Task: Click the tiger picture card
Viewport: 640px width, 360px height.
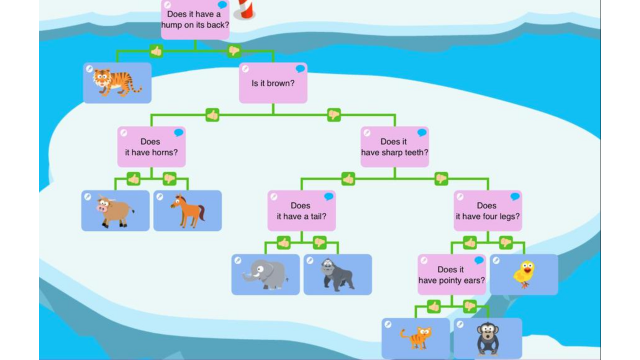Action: coord(117,83)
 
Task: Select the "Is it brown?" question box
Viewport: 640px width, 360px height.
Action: coord(273,83)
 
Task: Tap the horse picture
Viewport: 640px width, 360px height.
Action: coord(188,211)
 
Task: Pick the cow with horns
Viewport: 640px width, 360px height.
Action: coord(115,211)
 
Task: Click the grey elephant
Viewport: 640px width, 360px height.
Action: coord(266,275)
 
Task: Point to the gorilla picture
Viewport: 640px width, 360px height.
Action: coord(338,275)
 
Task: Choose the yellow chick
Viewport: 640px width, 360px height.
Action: coord(524,275)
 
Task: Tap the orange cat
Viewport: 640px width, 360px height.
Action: coord(416,338)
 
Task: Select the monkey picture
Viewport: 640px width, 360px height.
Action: coord(488,339)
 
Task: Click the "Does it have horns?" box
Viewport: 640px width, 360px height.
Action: coord(151,147)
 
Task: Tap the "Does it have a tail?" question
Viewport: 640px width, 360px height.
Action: coord(302,211)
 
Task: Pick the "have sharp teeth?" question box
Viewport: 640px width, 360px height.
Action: coord(395,147)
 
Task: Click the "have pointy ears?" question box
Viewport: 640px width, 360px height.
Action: coord(452,275)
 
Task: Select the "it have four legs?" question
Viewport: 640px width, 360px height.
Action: coord(488,211)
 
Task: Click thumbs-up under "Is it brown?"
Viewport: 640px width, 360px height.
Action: coord(212,115)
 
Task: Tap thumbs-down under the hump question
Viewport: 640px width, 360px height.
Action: coord(234,51)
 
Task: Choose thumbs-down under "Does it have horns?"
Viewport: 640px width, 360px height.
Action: coord(170,179)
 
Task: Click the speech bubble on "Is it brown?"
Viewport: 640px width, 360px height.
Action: coord(300,69)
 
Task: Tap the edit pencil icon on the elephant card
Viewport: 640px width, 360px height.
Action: coord(238,261)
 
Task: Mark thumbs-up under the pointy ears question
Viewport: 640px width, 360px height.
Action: coord(434,307)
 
